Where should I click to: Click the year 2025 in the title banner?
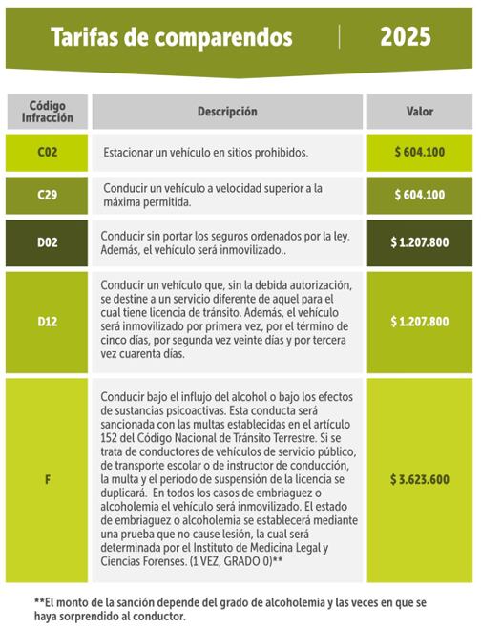(x=405, y=37)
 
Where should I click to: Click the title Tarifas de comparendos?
(x=171, y=38)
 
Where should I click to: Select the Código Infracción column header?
(x=47, y=112)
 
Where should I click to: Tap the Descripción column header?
(x=227, y=112)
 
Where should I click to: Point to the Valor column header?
(x=419, y=112)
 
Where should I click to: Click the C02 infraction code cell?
(x=47, y=152)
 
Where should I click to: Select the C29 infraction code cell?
(x=47, y=195)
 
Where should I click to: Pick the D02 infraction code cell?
(x=47, y=242)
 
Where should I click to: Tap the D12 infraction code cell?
(x=47, y=322)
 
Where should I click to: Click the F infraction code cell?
(x=47, y=479)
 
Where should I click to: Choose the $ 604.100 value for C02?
(x=419, y=152)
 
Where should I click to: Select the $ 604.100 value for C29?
(x=419, y=195)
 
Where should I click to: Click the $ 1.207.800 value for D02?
(x=419, y=242)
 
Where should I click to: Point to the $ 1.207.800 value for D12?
(x=419, y=322)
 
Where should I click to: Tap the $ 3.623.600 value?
(x=419, y=479)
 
